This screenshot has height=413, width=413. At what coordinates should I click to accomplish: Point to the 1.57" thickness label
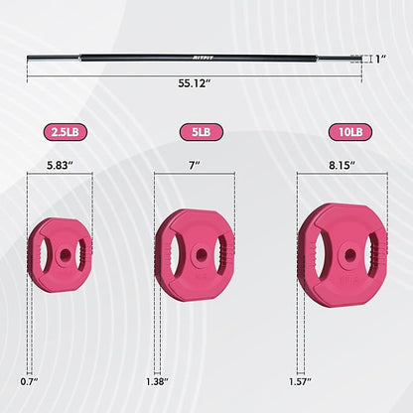301,381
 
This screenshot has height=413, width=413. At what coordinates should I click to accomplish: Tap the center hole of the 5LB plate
199,255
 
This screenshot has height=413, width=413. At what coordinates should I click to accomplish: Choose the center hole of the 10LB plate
345,255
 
